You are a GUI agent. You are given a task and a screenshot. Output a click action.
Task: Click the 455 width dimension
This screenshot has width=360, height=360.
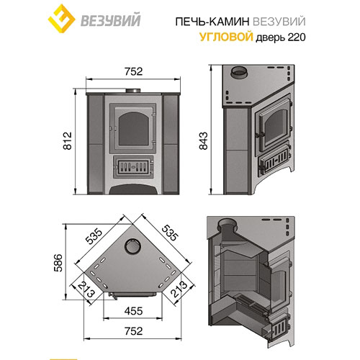coord(130,313)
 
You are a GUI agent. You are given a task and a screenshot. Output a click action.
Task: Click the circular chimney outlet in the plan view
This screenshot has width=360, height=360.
coord(132,247)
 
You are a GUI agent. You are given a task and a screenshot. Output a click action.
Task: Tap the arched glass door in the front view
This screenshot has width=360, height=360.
coord(131,126)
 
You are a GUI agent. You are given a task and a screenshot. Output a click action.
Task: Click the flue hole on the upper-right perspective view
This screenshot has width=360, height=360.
coord(238,74)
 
